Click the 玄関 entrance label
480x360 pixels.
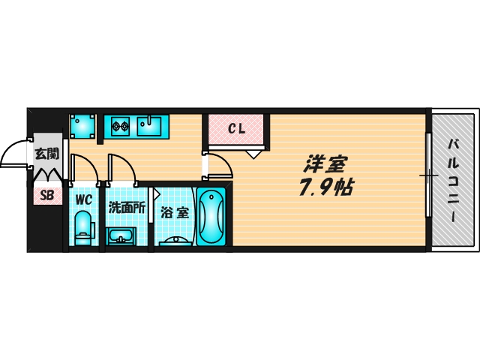pyautogui.click(x=46, y=154)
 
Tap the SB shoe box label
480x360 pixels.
pyautogui.click(x=47, y=195)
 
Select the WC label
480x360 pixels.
pyautogui.click(x=83, y=200)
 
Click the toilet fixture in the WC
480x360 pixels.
pyautogui.click(x=83, y=228)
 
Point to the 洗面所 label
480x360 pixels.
pyautogui.click(x=127, y=208)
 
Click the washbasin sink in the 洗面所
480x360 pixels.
pyautogui.click(x=121, y=236)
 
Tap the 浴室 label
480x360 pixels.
pyautogui.click(x=175, y=212)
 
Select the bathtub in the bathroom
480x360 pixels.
pyautogui.click(x=211, y=217)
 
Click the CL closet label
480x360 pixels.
pyautogui.click(x=237, y=129)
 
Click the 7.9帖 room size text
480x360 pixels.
pyautogui.click(x=326, y=187)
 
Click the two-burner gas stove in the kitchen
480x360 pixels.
pyautogui.click(x=119, y=125)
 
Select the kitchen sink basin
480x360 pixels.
pyautogui.click(x=148, y=125)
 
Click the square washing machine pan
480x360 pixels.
pyautogui.click(x=82, y=127)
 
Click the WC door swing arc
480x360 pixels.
pyautogui.click(x=90, y=163)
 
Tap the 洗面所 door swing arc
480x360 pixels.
pyautogui.click(x=127, y=163)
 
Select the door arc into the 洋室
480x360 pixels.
pyautogui.click(x=225, y=162)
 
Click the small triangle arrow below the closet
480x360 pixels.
pyautogui.click(x=253, y=154)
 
